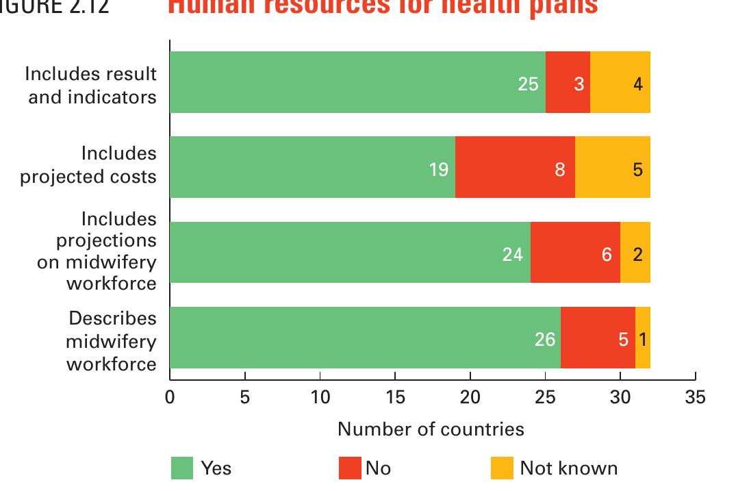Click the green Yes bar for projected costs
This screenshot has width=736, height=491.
pyautogui.click(x=312, y=167)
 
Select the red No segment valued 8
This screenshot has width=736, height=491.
pyautogui.click(x=515, y=167)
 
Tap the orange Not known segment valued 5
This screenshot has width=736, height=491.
pyautogui.click(x=613, y=167)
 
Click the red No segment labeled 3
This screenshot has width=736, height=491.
pyautogui.click(x=568, y=82)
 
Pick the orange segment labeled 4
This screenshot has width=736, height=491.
pyautogui.click(x=620, y=82)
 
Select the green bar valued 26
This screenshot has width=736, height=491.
pyautogui.click(x=364, y=338)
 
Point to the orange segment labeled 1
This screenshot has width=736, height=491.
pyautogui.click(x=643, y=338)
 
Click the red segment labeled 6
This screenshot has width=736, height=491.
pyautogui.click(x=575, y=253)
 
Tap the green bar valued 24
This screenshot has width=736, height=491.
pyautogui.click(x=349, y=253)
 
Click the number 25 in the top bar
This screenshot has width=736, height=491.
pyautogui.click(x=528, y=84)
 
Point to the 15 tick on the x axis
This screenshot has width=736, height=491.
pyautogui.click(x=395, y=397)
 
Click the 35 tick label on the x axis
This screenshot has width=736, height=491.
pyautogui.click(x=695, y=397)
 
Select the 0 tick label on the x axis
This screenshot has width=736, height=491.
pyautogui.click(x=170, y=397)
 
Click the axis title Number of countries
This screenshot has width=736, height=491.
pyautogui.click(x=431, y=429)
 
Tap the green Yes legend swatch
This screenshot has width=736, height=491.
pyautogui.click(x=181, y=468)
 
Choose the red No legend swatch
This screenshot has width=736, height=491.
pyautogui.click(x=350, y=468)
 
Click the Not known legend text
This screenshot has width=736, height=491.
pyautogui.click(x=568, y=468)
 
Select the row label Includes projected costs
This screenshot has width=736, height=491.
pyautogui.click(x=88, y=165)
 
